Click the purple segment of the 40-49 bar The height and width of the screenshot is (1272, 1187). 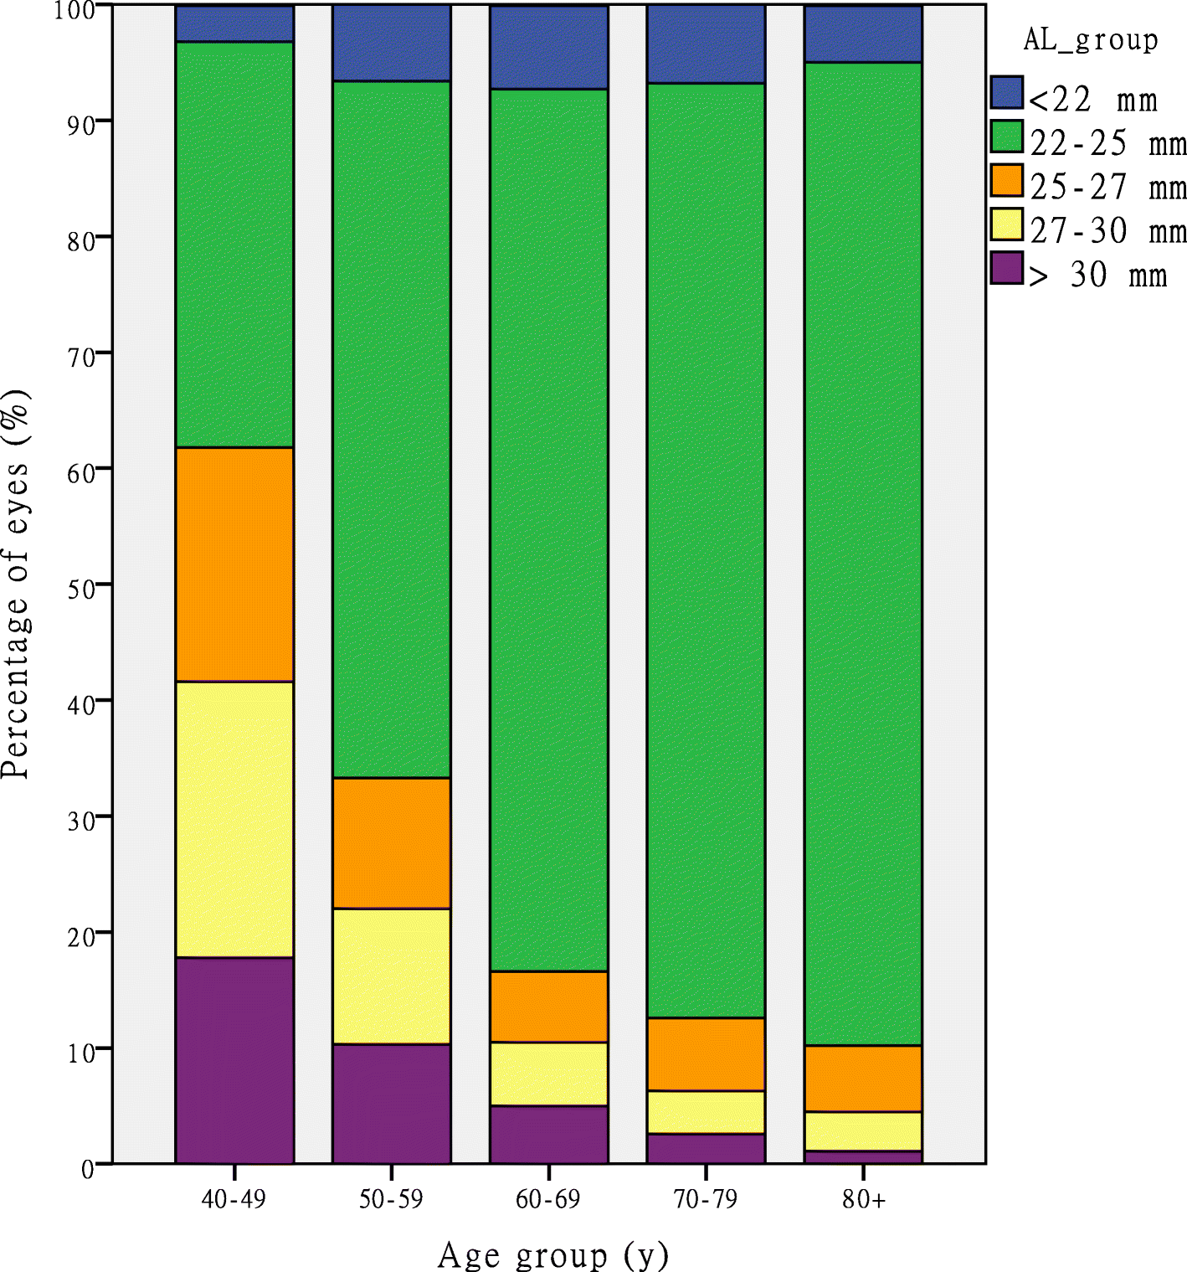(x=234, y=1059)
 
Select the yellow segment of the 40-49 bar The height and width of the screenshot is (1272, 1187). (x=234, y=819)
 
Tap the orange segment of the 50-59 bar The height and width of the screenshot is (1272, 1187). (x=391, y=842)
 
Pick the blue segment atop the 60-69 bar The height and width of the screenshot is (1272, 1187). (x=548, y=47)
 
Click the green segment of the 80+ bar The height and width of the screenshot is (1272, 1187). (x=863, y=553)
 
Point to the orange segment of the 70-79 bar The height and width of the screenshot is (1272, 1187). (x=706, y=1053)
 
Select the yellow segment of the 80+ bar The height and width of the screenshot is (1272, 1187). (x=863, y=1130)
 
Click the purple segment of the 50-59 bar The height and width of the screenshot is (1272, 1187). (x=391, y=1103)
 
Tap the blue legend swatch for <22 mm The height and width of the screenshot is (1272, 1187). (x=1007, y=93)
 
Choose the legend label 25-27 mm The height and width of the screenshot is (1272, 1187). (x=1107, y=187)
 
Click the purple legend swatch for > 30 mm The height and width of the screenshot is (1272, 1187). (x=1007, y=268)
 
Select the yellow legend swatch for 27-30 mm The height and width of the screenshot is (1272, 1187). (x=1007, y=224)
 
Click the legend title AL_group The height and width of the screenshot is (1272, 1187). (x=1091, y=39)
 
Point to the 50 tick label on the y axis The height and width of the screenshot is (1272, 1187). (x=81, y=589)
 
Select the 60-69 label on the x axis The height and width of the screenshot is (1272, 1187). (x=547, y=1199)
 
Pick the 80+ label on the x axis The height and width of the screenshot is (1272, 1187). (x=863, y=1199)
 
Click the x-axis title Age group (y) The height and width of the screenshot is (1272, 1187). (x=552, y=1254)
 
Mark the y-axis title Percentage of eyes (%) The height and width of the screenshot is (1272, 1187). (x=17, y=584)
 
